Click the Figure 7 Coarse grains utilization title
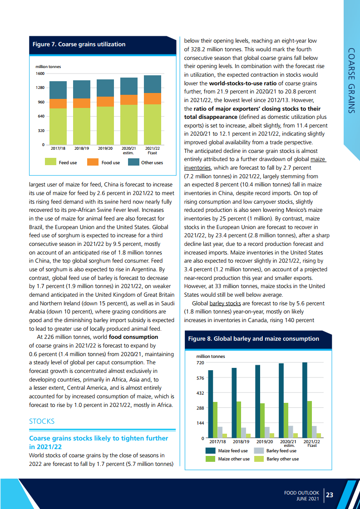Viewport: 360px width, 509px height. (79, 44)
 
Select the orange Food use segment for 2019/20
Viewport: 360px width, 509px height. (105, 102)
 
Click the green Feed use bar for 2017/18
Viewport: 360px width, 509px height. (58, 127)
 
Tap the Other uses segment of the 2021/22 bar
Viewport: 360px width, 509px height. (152, 84)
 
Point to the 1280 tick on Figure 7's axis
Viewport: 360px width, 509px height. (40, 88)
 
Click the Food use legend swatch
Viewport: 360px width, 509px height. (93, 162)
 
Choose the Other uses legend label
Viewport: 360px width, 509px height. (152, 162)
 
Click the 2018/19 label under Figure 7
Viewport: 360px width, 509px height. (82, 148)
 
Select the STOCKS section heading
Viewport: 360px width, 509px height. (42, 421)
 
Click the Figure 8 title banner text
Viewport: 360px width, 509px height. (253, 339)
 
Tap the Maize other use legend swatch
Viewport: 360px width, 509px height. (210, 459)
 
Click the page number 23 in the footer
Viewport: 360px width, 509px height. (330, 495)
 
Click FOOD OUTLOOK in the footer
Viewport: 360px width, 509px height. (302, 492)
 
